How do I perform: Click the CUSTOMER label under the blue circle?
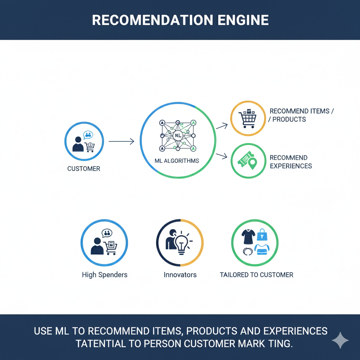click(84, 169)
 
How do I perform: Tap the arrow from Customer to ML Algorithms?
click(121, 141)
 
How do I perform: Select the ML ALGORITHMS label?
click(177, 161)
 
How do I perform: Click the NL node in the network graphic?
click(178, 135)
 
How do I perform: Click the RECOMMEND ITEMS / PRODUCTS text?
click(301, 115)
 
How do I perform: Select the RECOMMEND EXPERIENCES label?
click(290, 162)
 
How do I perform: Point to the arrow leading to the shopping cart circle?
click(221, 126)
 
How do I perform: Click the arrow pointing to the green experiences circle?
click(221, 156)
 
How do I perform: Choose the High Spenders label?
click(104, 275)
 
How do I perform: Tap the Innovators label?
click(180, 275)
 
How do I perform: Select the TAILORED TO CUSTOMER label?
click(256, 275)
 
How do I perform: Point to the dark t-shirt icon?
click(248, 237)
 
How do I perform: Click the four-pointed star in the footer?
click(340, 340)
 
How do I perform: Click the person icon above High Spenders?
click(97, 246)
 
